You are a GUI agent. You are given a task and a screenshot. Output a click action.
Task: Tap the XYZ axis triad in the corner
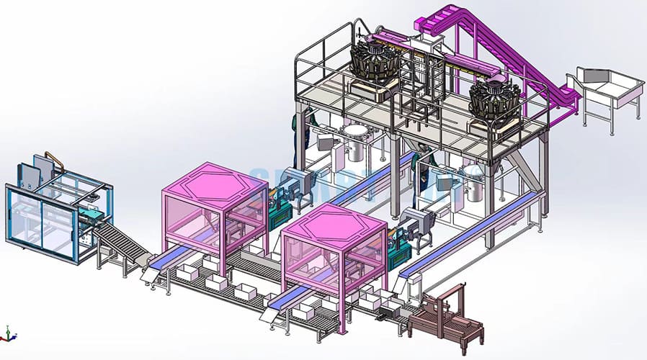pyautogui.click(x=8, y=333)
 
